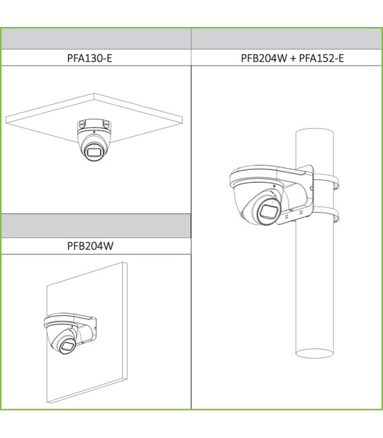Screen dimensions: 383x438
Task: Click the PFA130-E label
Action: point(90,58)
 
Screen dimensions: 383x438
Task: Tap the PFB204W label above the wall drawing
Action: point(90,246)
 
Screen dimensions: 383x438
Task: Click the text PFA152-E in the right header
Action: point(322,58)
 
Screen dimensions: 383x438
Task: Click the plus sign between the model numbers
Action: point(293,59)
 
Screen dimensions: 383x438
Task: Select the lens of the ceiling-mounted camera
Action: point(94,153)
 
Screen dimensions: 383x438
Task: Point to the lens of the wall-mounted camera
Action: point(67,346)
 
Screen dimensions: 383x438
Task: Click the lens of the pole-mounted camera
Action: point(270,211)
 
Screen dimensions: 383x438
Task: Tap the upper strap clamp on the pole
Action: point(326,181)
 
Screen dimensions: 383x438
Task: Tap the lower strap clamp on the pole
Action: point(326,214)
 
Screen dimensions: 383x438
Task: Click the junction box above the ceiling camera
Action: point(94,125)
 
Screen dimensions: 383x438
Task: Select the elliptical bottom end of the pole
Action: point(315,354)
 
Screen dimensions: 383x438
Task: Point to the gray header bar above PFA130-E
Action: point(96,39)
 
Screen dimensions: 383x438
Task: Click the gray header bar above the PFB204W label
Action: point(96,226)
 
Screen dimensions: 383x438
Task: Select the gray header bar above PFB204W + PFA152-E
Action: point(286,39)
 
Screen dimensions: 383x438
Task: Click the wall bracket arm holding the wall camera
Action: point(84,329)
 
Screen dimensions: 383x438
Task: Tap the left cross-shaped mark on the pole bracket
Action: point(287,217)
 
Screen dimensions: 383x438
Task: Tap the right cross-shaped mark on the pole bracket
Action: point(301,213)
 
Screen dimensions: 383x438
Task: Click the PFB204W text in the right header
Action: point(264,58)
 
